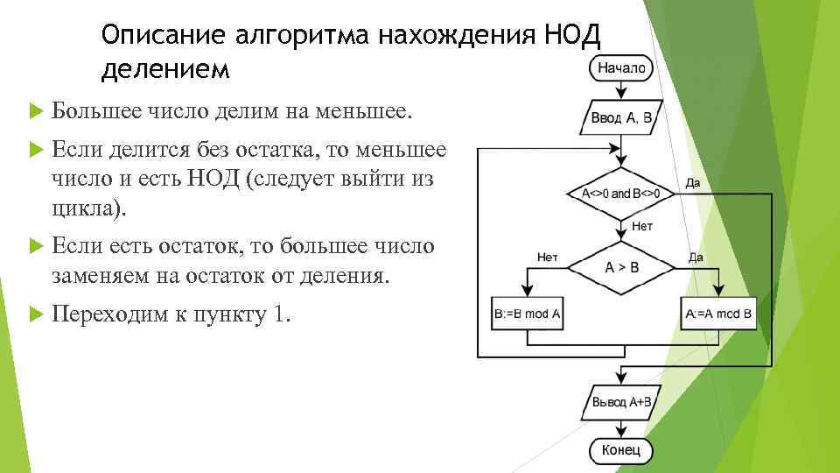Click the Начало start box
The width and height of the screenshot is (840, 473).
coord(621,67)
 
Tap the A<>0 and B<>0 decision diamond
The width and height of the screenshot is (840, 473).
coord(621,193)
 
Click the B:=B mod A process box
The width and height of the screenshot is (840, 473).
coord(528,313)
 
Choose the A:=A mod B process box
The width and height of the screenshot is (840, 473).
coord(718,313)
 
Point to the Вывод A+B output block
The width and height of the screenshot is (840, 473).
coord(620,402)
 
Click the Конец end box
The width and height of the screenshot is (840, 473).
coord(620,451)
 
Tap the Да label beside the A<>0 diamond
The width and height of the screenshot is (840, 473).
coord(693,183)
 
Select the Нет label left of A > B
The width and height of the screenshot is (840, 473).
coord(547,257)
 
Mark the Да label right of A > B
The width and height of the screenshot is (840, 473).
coord(696,257)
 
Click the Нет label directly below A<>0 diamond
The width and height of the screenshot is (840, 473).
coord(641,227)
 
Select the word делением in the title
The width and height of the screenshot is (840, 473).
coord(165,68)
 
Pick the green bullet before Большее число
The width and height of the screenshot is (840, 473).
coord(35,111)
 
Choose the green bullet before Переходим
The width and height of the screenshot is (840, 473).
coord(35,314)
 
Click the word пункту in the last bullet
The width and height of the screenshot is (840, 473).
coord(230,314)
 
